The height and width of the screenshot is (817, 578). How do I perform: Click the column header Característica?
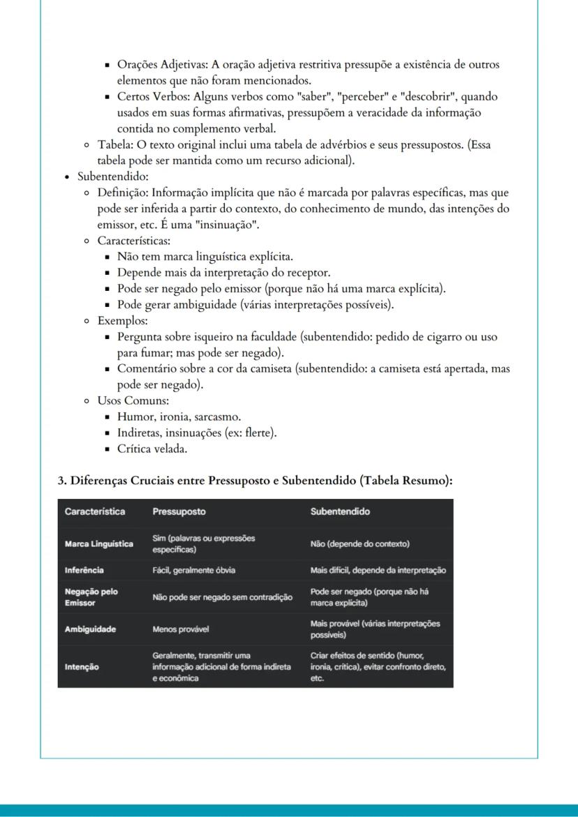coord(95,511)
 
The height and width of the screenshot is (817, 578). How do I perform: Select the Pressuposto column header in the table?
coord(179,511)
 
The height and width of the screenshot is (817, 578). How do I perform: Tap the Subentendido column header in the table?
coord(340,511)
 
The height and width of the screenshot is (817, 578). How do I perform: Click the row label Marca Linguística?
coord(99,544)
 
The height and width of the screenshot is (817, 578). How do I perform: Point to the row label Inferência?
coord(84,570)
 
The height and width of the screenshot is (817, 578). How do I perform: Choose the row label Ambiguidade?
coord(90,629)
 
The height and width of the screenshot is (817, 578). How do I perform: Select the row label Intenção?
coord(82,667)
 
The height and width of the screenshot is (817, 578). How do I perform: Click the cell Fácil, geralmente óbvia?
coord(193,570)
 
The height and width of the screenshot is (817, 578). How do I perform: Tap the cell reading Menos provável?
coord(180,629)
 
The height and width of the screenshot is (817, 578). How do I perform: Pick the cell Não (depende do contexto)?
coord(360,544)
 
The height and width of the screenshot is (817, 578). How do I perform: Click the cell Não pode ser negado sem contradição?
coord(222,597)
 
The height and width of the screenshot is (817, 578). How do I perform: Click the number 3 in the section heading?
coord(61,481)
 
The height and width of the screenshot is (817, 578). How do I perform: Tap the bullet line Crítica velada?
coord(152,449)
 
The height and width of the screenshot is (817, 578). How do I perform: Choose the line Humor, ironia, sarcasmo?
coord(179,417)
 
